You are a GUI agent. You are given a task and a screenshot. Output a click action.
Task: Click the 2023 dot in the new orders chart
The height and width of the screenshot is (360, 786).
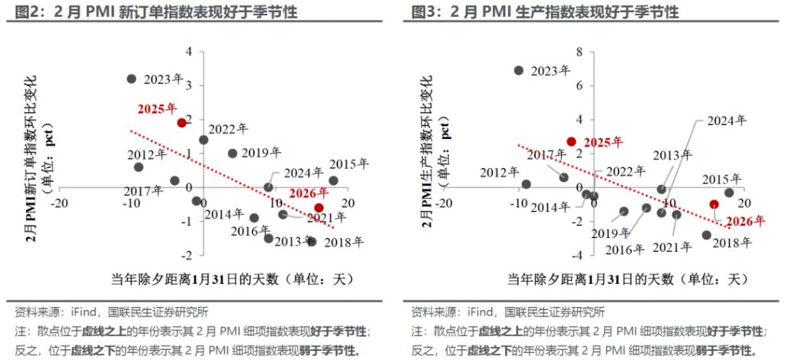click(x=131, y=78)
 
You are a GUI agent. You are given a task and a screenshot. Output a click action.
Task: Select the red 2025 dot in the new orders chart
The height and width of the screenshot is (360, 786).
click(x=181, y=122)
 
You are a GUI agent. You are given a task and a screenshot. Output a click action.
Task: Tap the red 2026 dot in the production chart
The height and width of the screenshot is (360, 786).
click(x=714, y=204)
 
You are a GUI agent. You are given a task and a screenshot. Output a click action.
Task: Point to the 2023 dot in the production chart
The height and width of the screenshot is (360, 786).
click(x=519, y=70)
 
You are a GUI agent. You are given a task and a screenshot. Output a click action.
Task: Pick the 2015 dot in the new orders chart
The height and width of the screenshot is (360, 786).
click(x=333, y=181)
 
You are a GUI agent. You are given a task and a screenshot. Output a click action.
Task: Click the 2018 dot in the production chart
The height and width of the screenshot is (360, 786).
click(x=707, y=235)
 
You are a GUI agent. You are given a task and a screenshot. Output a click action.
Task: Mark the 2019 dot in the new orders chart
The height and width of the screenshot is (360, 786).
click(x=233, y=153)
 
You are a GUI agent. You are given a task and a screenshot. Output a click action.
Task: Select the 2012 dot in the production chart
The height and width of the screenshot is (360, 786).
click(x=526, y=184)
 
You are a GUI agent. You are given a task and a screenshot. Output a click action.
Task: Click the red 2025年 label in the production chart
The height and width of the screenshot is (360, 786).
click(x=604, y=143)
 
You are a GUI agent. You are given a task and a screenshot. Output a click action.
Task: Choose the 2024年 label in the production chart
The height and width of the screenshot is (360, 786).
click(x=725, y=121)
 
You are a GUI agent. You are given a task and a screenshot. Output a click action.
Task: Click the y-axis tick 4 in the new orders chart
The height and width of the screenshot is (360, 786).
click(x=189, y=51)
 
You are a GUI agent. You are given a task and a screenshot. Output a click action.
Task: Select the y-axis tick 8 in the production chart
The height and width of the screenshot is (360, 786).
click(x=580, y=51)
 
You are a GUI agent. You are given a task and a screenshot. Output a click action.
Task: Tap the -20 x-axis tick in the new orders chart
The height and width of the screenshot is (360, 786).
click(x=55, y=202)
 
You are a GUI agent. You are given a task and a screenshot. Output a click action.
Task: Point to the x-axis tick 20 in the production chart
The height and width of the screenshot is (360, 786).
click(x=741, y=203)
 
